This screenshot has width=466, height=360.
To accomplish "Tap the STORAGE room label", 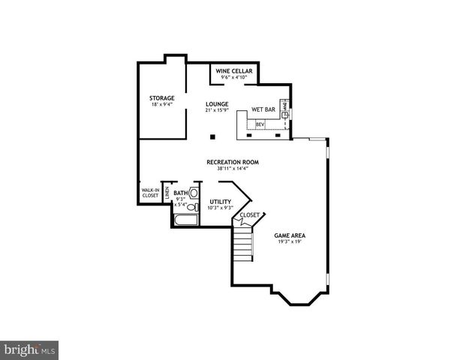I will point(161,98).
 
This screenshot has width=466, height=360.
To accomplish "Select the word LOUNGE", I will point(217,104).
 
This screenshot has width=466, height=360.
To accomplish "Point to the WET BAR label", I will point(263,109).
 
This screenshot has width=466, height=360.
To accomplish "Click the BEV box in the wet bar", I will point(260,124).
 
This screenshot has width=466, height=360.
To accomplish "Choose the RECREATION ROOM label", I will point(227,162).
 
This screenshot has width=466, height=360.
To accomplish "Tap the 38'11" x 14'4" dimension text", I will point(227,169).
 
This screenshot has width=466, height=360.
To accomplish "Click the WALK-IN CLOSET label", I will point(150,193).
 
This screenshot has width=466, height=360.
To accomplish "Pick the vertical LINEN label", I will point(167,193).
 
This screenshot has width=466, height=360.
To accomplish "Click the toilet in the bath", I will point(193,207).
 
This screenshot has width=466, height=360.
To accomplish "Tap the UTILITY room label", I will point(221,201).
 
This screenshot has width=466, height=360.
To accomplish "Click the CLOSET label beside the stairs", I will point(250,214).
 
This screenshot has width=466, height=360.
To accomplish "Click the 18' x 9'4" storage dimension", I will point(161,105).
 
